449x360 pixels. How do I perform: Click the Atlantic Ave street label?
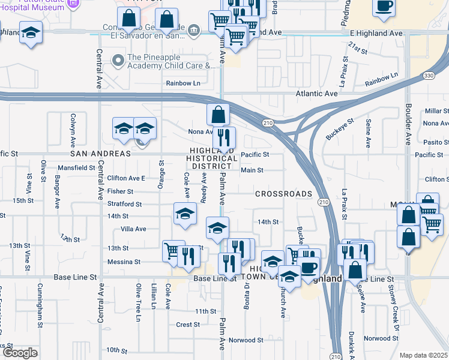coord(316,94)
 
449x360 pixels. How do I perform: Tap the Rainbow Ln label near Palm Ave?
coord(183,83)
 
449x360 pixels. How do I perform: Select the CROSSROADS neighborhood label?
coord(283,194)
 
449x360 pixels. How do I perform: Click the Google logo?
coord(20,353)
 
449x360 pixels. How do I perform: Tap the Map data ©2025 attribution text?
coord(423,355)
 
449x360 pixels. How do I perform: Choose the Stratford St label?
coord(124,204)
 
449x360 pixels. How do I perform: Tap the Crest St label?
coord(188,325)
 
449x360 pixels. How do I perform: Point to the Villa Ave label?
coord(133,229)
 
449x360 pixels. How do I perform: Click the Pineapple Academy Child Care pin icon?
coord(118,60)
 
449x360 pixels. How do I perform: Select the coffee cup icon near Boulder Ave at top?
coord(384,7)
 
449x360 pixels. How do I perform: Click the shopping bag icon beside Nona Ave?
coord(218,113)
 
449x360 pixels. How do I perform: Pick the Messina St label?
coord(124,262)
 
